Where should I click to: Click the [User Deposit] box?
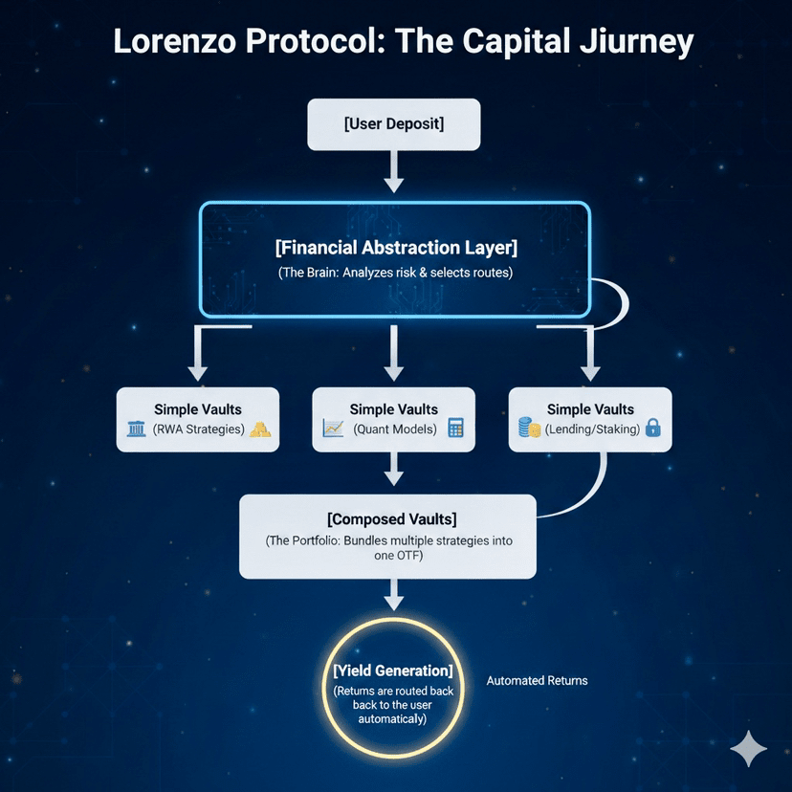click(393, 123)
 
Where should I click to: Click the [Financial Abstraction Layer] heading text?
click(395, 248)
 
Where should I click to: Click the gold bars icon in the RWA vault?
click(260, 430)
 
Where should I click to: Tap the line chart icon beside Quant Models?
click(334, 429)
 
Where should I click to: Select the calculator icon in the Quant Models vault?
click(455, 429)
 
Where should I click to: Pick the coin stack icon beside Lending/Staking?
click(529, 429)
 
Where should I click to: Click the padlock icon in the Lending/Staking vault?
click(653, 429)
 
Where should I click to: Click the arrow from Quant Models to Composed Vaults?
click(393, 471)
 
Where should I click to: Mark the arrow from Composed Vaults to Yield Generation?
click(393, 597)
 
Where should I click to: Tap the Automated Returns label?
click(537, 681)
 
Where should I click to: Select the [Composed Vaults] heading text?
click(391, 519)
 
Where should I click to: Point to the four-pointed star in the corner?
click(748, 749)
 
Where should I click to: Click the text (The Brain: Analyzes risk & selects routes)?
click(395, 273)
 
